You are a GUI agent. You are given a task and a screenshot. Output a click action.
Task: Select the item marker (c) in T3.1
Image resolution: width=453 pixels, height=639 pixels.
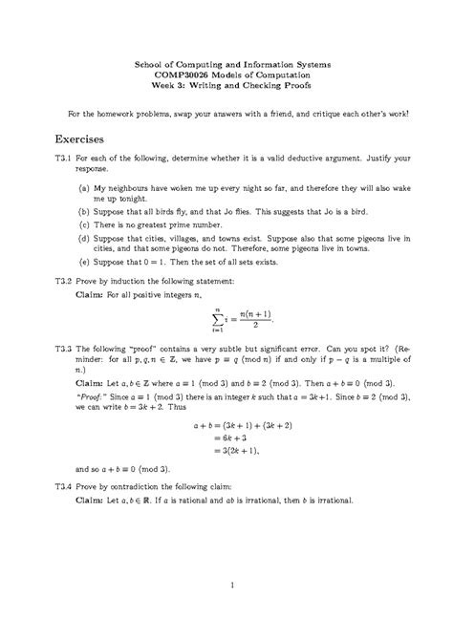click(x=85, y=222)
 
